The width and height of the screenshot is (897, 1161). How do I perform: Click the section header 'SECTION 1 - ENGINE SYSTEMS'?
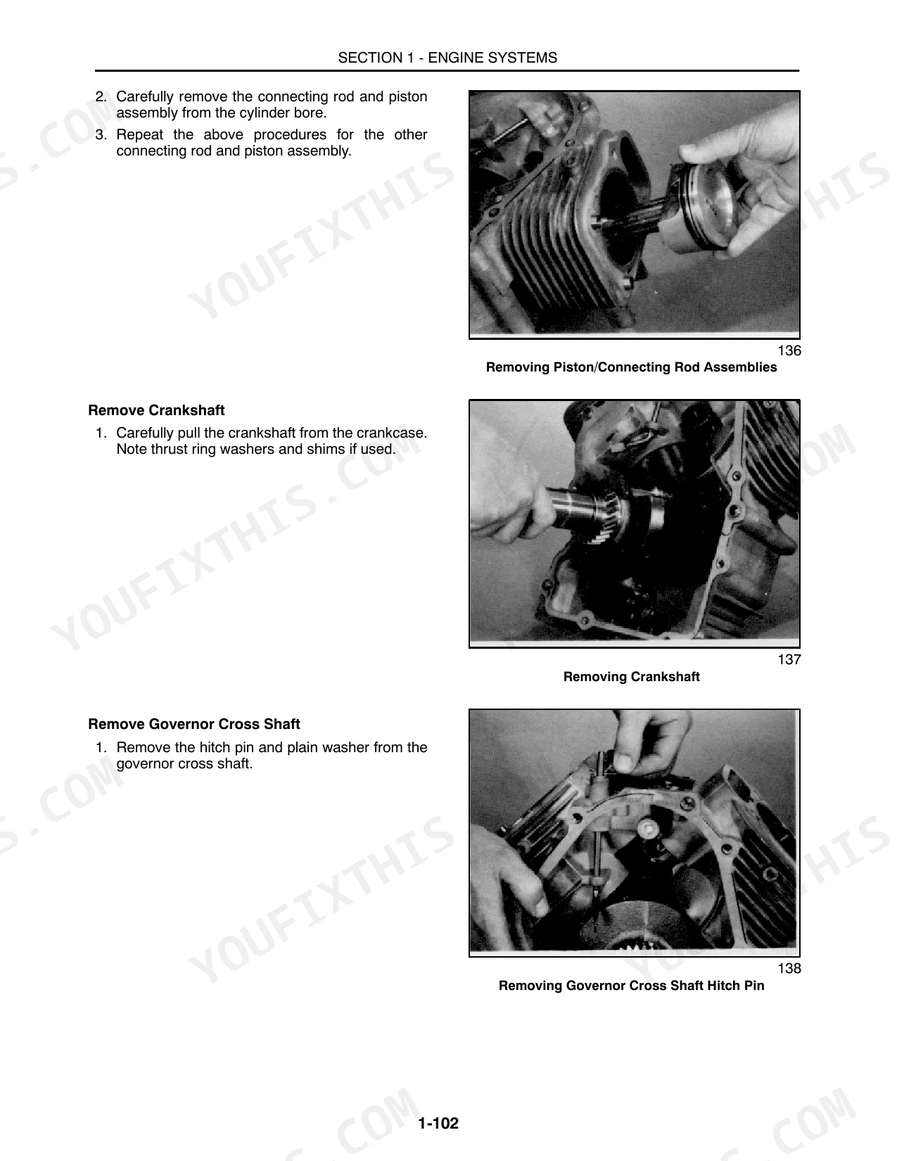(447, 58)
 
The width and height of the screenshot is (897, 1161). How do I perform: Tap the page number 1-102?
(438, 1123)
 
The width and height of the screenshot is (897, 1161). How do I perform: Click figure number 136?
(789, 350)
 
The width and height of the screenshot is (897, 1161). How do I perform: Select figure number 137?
(789, 659)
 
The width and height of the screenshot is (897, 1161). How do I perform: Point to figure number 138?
(789, 968)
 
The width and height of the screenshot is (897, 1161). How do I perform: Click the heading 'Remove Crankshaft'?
(156, 410)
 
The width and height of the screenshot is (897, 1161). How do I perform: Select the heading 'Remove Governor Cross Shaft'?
(194, 724)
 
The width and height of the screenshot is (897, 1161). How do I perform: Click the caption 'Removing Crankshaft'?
(632, 677)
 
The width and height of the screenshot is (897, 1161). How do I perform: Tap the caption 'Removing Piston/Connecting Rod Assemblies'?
(632, 367)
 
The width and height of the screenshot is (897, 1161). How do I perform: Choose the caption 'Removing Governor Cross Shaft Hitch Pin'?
(632, 986)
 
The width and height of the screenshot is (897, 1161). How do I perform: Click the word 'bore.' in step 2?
(310, 113)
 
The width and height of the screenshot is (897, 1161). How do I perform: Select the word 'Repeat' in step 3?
(140, 135)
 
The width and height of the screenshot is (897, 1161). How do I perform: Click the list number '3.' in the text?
(101, 134)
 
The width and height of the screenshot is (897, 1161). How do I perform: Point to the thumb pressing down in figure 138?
(625, 758)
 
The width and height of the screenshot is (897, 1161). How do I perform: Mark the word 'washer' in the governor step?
(345, 747)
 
